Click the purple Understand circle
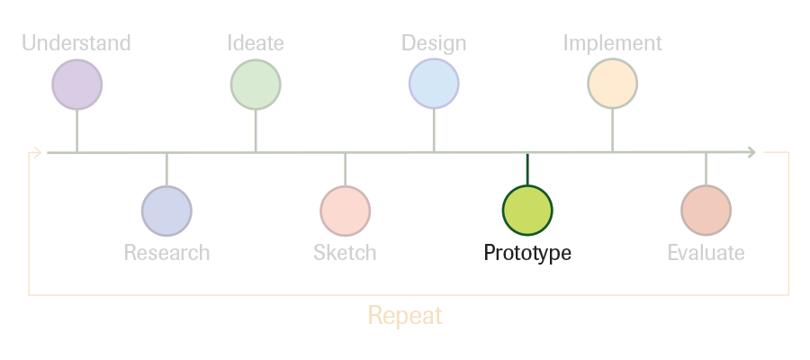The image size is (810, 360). point(77,85)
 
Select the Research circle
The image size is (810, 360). point(166,211)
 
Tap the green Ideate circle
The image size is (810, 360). point(256,85)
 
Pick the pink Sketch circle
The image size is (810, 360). point(345,211)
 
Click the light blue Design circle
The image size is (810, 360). point(434,84)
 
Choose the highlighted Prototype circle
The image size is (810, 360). point(527,211)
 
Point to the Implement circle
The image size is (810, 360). point(613,84)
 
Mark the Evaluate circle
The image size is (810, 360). point(706,211)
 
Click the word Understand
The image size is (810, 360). point(76,43)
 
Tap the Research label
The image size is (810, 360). point(166,253)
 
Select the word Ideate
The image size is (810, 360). point(256,43)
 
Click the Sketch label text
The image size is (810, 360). point(345,253)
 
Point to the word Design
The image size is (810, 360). point(434,43)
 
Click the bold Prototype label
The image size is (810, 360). point(527,253)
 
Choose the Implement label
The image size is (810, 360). point(613,43)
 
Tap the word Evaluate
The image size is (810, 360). point(706,253)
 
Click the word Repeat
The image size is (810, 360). point(405,316)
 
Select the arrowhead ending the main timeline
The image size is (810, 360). point(752,152)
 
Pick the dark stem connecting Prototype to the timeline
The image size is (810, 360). point(527,169)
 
